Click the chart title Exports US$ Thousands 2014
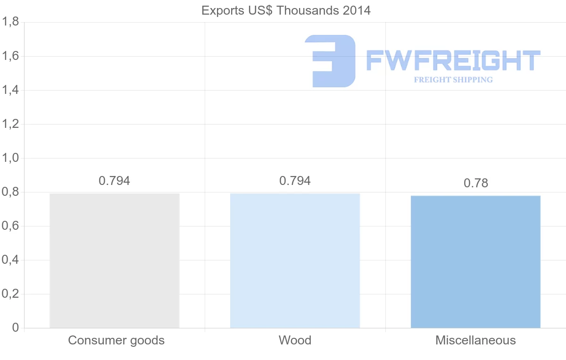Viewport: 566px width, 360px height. tap(286, 10)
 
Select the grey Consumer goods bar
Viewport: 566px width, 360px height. tap(115, 260)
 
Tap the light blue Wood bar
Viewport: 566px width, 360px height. tap(295, 260)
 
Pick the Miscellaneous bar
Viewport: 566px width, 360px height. tap(475, 262)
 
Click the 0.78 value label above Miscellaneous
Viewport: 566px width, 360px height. tap(475, 183)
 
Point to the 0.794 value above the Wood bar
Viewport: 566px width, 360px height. tap(295, 181)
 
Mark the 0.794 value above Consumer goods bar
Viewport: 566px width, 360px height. tap(114, 181)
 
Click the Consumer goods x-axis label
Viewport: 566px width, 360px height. tap(116, 340)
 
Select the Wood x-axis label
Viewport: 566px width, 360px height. tap(295, 340)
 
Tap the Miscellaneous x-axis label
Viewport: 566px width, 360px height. tap(475, 340)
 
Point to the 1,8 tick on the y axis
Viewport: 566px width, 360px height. tap(10, 22)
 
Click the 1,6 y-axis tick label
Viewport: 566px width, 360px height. tap(10, 56)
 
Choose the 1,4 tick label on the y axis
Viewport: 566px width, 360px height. tap(10, 90)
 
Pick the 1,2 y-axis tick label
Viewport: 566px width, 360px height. tap(10, 124)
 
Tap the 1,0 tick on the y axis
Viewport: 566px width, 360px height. tap(10, 158)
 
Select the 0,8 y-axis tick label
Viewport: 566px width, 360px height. tap(10, 192)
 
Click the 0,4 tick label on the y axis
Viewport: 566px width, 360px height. tap(10, 260)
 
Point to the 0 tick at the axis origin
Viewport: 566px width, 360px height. tap(15, 328)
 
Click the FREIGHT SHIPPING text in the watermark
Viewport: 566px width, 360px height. tap(453, 80)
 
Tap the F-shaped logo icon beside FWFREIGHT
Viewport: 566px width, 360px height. tap(330, 61)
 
